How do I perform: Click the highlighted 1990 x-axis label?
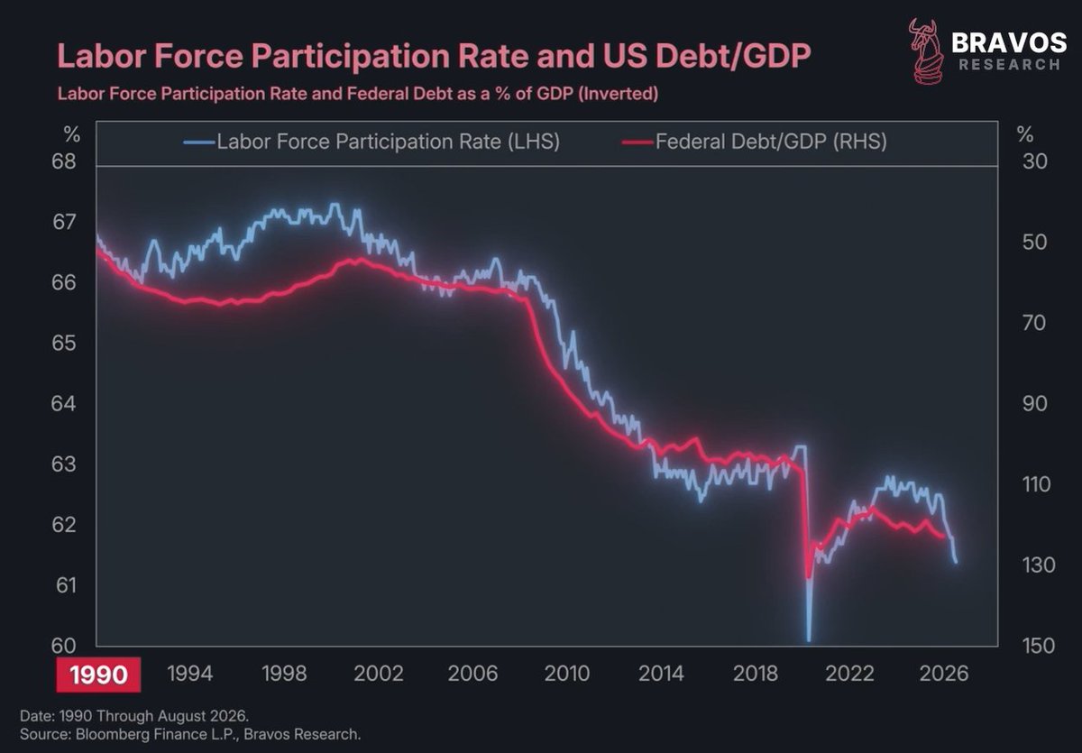point(98,675)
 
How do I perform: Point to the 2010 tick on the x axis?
point(566,674)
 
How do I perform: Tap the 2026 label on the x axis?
point(943,674)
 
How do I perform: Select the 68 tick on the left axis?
point(64,161)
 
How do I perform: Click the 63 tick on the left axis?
point(64,464)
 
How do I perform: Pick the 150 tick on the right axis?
point(1038,646)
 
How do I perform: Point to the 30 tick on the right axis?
point(1035,161)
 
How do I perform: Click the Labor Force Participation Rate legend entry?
point(371,142)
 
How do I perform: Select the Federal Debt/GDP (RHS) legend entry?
point(755,142)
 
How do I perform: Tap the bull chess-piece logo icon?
point(925,51)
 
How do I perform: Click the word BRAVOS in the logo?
point(1009,43)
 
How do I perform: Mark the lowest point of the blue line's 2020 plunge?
point(809,640)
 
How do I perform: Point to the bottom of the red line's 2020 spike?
point(808,577)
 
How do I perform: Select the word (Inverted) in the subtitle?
point(618,93)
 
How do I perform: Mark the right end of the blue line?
point(956,562)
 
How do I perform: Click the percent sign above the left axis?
point(72,134)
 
